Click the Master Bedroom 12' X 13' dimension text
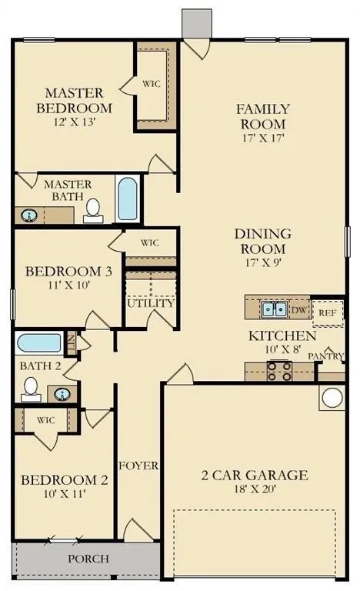tap(75, 122)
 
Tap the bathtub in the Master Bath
tap(128, 199)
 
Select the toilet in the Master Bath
tap(93, 211)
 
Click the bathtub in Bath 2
tap(38, 343)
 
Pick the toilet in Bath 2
tap(31, 389)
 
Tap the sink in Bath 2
tap(62, 394)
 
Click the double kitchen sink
tap(275, 309)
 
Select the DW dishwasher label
tap(299, 310)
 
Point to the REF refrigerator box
tap(328, 313)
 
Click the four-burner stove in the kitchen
tap(279, 371)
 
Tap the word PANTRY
tap(325, 356)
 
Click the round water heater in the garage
tap(332, 397)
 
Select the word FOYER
tap(138, 466)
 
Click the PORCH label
tap(88, 559)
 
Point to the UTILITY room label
tap(151, 303)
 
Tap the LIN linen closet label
tap(71, 342)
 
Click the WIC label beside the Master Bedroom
tap(152, 84)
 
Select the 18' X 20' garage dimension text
tap(255, 489)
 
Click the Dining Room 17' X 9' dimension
tap(263, 262)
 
